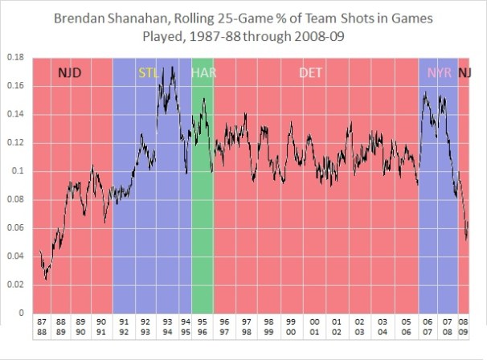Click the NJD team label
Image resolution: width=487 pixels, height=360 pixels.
[x=70, y=73]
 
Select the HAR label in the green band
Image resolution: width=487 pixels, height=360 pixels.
[x=203, y=73]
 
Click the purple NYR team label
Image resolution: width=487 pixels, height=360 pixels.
[x=440, y=73]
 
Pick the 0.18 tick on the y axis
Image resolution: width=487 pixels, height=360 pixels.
[x=14, y=58]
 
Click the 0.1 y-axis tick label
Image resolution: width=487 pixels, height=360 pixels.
[x=16, y=171]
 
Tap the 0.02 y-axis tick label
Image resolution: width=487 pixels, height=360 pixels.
[x=14, y=284]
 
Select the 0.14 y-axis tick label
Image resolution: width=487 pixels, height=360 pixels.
[x=14, y=115]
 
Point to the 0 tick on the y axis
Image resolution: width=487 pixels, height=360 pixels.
[x=20, y=313]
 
